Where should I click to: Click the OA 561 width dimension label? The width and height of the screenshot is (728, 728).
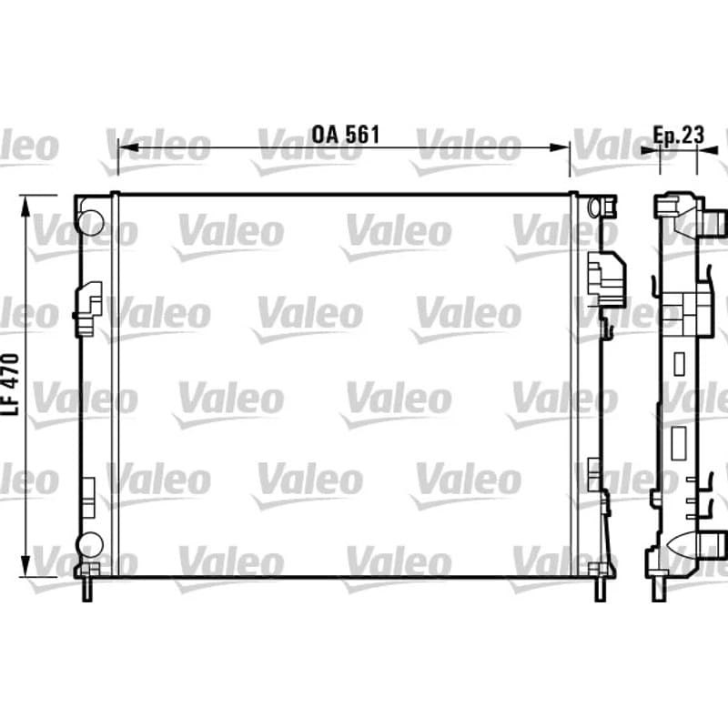pos(346,135)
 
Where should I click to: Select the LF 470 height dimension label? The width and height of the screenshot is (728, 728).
pos(11,384)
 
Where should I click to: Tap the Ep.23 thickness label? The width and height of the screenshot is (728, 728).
pos(678,135)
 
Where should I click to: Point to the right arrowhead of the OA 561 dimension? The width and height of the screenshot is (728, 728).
pos(559,147)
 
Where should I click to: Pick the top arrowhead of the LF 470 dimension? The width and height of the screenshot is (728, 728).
pos(26,207)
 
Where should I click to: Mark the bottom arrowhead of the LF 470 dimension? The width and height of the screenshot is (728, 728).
pos(26,566)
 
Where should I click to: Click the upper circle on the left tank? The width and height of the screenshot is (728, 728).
pos(90,222)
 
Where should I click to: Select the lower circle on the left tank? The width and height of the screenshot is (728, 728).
pos(90,544)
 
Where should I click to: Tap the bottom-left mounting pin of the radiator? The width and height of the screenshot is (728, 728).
pos(86,590)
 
